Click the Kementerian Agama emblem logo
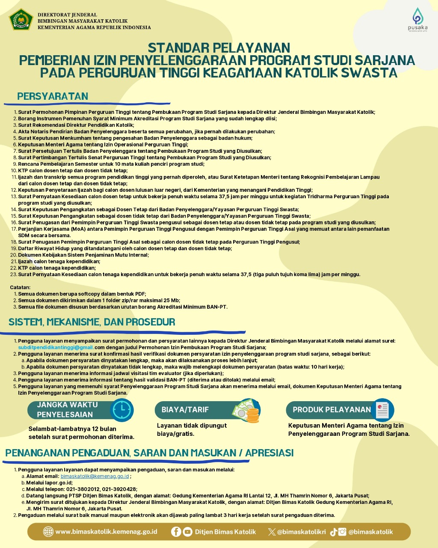point(21,20)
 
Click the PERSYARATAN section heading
point(53,96)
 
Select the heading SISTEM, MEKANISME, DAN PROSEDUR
point(92,322)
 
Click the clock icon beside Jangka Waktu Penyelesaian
point(122,410)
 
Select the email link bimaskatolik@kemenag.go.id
point(95,476)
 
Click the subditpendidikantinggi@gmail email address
point(56,347)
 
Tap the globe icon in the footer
point(48,532)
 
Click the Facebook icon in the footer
point(176,532)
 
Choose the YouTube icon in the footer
point(187,532)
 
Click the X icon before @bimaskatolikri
point(272,532)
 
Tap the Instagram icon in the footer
point(342,532)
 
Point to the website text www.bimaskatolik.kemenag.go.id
point(106,532)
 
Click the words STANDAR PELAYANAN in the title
point(219,47)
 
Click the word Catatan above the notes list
point(21,287)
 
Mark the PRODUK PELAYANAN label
point(332,410)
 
